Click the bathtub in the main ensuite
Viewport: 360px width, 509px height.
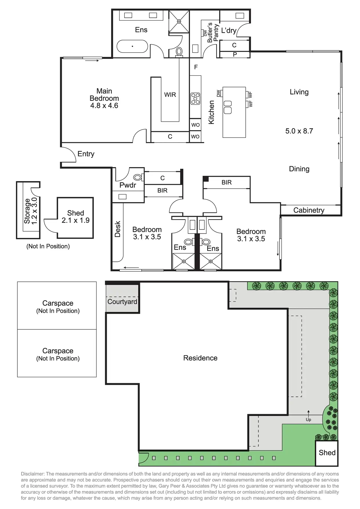132,46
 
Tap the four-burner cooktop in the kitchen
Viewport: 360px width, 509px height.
195,98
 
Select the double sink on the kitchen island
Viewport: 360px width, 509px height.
228,107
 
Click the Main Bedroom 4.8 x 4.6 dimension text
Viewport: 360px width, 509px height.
104,106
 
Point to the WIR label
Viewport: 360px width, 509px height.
170,95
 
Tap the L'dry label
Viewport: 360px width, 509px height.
229,30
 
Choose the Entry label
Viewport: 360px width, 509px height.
86,154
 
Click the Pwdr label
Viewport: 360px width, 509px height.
128,185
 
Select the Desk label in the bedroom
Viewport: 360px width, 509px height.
117,229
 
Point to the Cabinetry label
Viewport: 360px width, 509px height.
309,210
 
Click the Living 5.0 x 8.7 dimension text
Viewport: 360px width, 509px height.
299,131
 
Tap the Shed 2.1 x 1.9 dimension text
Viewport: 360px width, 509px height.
75,220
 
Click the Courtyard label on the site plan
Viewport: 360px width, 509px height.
122,302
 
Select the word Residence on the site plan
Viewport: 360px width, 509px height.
200,358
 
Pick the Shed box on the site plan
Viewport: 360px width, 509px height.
327,453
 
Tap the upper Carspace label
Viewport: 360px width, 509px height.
58,303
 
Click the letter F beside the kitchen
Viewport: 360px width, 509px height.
196,67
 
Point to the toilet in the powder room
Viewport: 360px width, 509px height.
137,177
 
